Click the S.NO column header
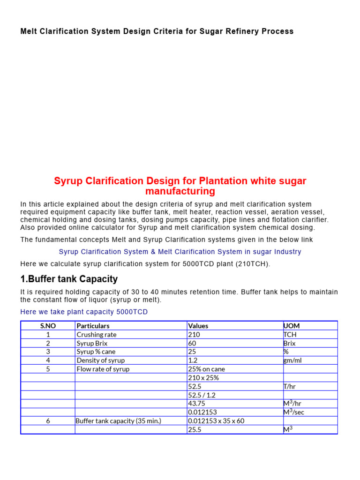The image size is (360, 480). pos(48,326)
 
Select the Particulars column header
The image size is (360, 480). pos(93,326)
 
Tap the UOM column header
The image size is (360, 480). pos(291,326)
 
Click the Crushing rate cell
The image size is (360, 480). pos(97,335)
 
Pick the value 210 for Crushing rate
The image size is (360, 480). pos(194,335)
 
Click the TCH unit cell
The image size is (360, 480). pos(290,335)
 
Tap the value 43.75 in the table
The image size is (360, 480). pos(196,404)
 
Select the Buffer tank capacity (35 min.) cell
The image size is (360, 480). pos(118,421)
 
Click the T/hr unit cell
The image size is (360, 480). pos(290,387)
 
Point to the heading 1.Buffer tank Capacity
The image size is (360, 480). pos(69,279)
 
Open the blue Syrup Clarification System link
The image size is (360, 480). pos(180,252)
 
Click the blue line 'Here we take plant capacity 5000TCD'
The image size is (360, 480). pos(84,312)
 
